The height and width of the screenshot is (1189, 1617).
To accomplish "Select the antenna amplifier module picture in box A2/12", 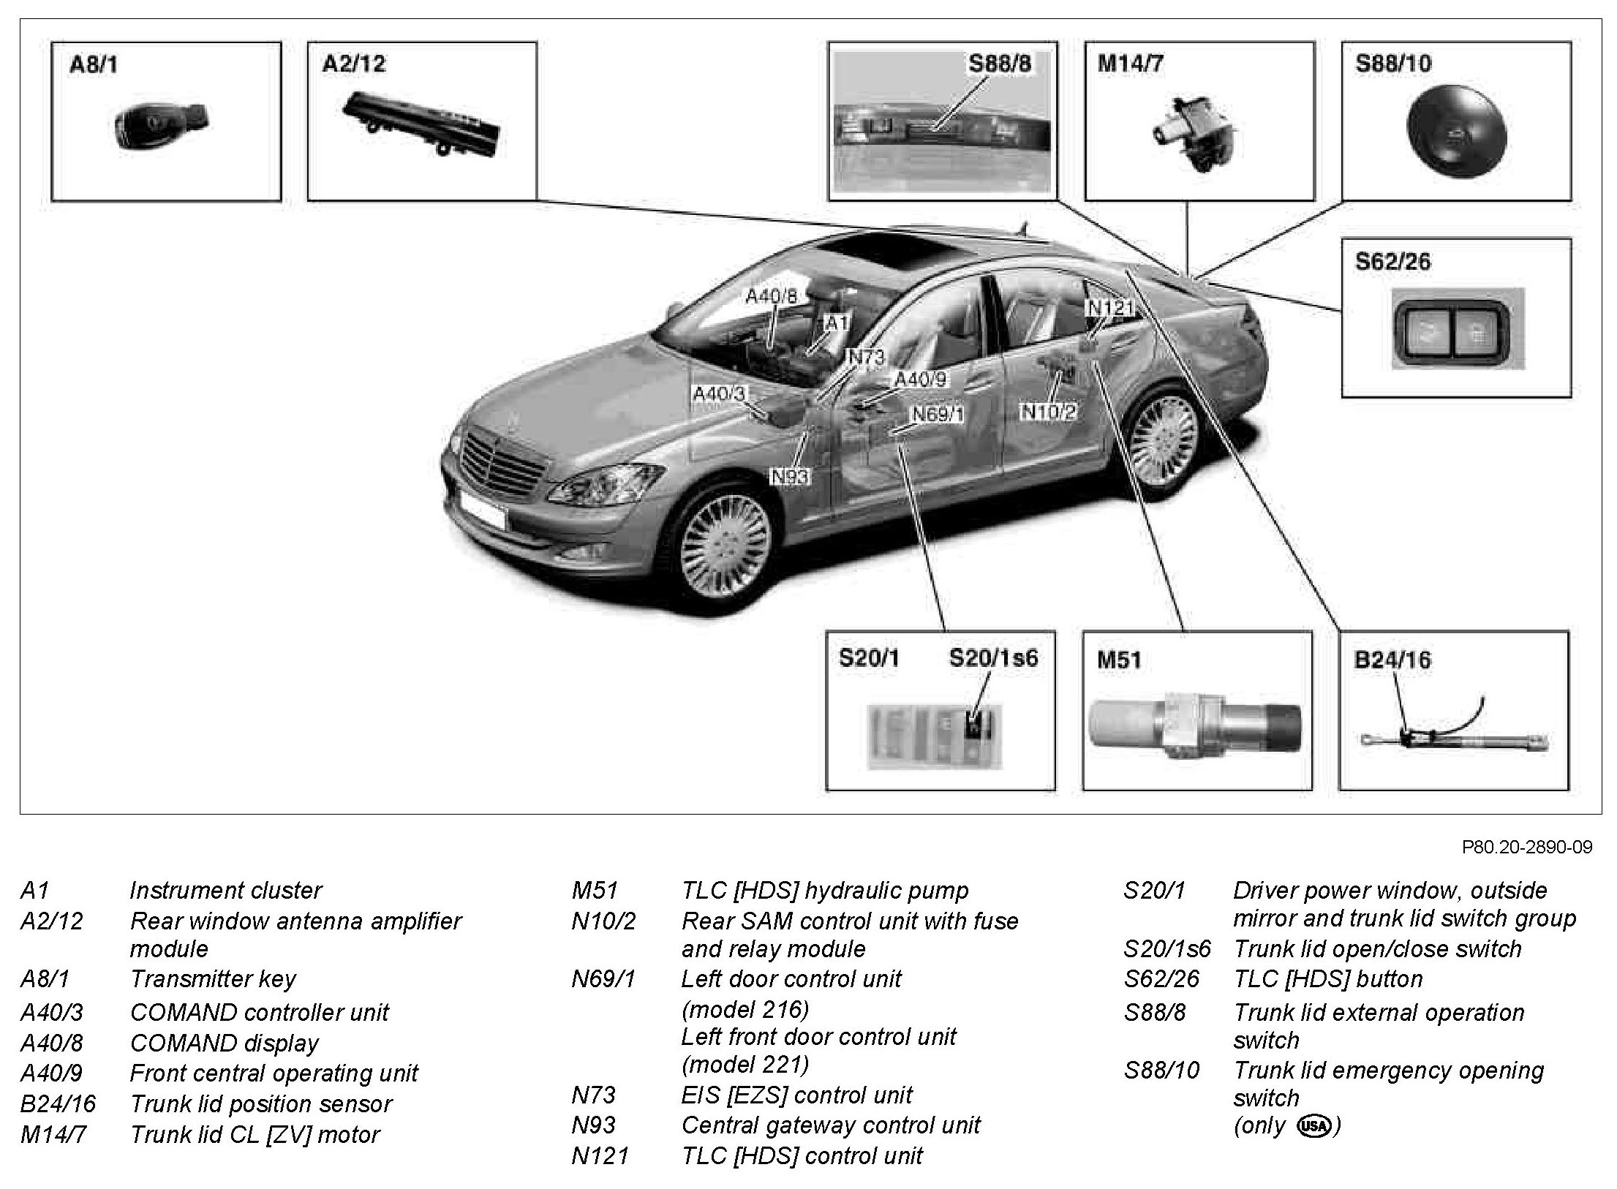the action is point(422,124).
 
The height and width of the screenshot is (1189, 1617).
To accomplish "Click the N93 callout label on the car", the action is point(791,477).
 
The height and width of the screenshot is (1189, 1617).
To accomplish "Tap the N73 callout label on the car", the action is point(867,357).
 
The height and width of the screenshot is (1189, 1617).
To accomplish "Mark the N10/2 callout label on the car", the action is point(1049,412).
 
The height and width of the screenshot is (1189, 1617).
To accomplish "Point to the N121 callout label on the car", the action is point(1111,308).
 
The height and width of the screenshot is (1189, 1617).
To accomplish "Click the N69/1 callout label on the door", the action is point(938,415).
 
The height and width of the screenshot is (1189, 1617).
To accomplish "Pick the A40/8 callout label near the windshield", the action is point(772,296).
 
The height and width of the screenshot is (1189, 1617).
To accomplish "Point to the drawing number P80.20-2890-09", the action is point(1527,848).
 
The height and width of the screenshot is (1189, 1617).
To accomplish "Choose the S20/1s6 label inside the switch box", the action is point(993,658).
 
